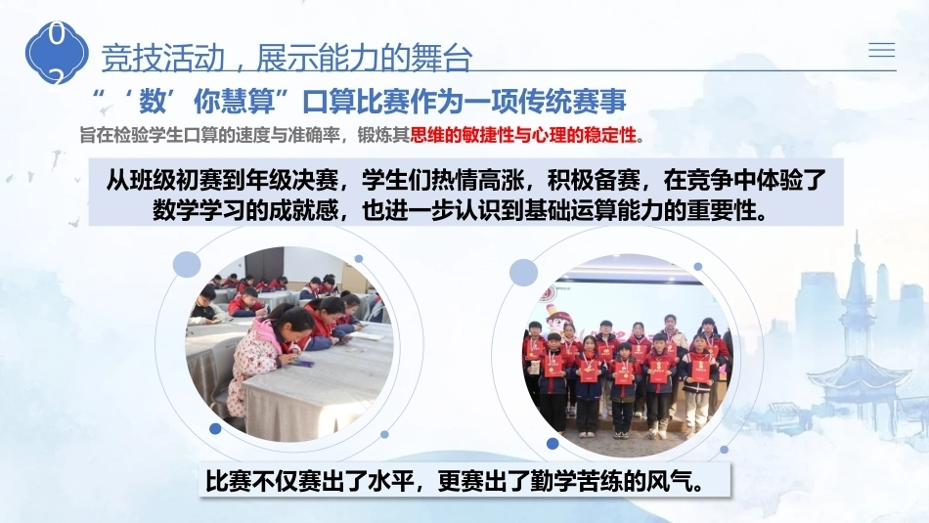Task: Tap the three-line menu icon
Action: coord(882,50)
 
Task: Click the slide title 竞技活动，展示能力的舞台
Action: coord(287,58)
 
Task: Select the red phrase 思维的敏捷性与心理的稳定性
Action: coord(523,135)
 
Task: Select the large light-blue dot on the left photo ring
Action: coord(187,264)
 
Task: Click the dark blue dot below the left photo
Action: coord(216,428)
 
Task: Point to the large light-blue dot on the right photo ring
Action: coord(524,273)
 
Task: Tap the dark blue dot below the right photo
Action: coord(553,444)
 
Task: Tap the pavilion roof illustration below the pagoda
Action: coord(860,374)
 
